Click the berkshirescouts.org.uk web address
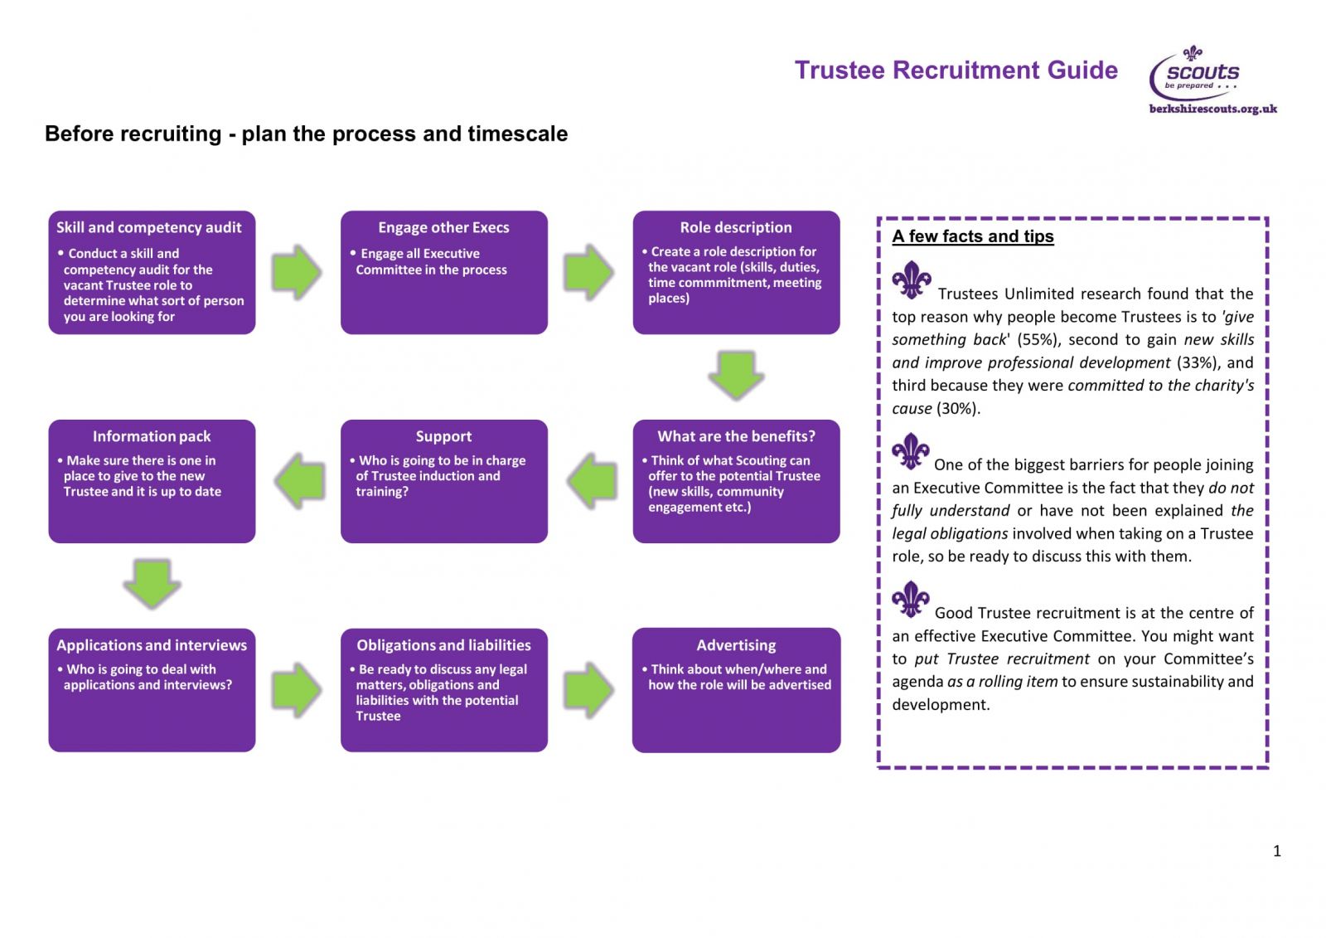pyautogui.click(x=1213, y=109)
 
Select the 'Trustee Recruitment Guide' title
pyautogui.click(x=956, y=70)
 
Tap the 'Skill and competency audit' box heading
pyautogui.click(x=148, y=227)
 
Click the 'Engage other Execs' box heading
pyautogui.click(x=443, y=227)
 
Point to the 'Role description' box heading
pyautogui.click(x=736, y=227)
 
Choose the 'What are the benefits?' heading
pyautogui.click(x=737, y=437)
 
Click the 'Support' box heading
pyautogui.click(x=443, y=437)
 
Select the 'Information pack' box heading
pyautogui.click(x=152, y=437)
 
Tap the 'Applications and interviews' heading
pyautogui.click(x=152, y=645)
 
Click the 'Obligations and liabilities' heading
pyautogui.click(x=443, y=645)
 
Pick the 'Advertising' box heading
pyautogui.click(x=736, y=645)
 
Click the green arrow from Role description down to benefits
pyautogui.click(x=736, y=375)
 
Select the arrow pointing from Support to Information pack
pyautogui.click(x=299, y=481)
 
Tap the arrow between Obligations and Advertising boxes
pyautogui.click(x=588, y=690)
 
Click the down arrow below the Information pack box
pyautogui.click(x=152, y=584)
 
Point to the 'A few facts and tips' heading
pyautogui.click(x=973, y=236)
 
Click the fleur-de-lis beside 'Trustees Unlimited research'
pyautogui.click(x=912, y=279)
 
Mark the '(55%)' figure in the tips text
pyautogui.click(x=1037, y=339)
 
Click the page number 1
pyautogui.click(x=1277, y=852)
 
